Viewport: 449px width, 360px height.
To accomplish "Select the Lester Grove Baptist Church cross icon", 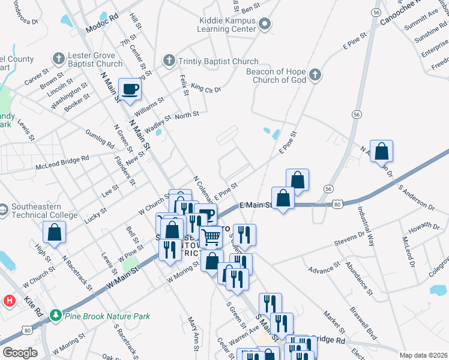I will click(58, 59).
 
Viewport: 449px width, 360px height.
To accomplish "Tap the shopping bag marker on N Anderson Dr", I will click(381, 152).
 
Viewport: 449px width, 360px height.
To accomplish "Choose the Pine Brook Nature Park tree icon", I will click(55, 315).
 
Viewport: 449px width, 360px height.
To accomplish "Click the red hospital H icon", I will click(10, 301).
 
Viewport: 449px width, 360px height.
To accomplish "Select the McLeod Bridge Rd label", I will click(62, 162).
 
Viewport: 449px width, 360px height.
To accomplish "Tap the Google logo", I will click(20, 352).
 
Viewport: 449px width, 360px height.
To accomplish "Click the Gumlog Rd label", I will click(100, 139).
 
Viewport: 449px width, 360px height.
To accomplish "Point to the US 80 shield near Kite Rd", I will click(26, 329).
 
